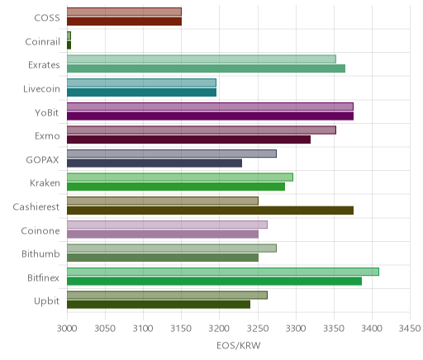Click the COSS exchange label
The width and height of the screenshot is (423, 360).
click(47, 17)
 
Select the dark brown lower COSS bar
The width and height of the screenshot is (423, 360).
click(124, 21)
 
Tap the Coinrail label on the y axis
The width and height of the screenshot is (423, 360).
click(42, 41)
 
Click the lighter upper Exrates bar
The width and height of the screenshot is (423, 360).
click(202, 59)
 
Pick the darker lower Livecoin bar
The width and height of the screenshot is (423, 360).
click(141, 92)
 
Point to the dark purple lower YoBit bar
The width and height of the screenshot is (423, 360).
click(210, 116)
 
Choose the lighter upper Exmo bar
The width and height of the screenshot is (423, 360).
click(202, 130)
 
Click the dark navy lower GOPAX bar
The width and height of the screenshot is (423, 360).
click(154, 163)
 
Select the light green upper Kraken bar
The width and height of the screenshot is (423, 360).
click(180, 177)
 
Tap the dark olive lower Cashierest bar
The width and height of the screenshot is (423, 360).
click(210, 211)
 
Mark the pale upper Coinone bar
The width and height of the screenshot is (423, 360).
click(167, 225)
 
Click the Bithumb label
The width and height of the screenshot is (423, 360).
click(40, 253)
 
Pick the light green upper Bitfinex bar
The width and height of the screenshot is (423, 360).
click(223, 272)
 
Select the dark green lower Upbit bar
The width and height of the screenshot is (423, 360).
click(159, 305)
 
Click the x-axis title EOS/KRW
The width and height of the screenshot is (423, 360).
click(239, 345)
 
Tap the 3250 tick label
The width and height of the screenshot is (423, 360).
click(258, 329)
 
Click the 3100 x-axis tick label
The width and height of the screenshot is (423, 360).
click(143, 329)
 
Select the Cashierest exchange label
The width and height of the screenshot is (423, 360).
click(36, 206)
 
